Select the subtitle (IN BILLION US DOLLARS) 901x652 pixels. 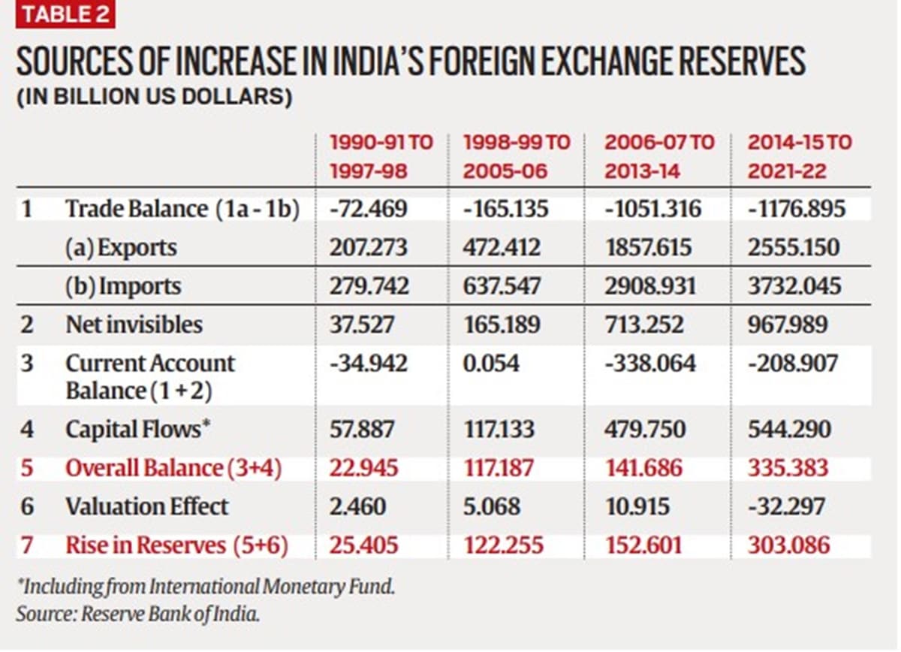pyautogui.click(x=154, y=98)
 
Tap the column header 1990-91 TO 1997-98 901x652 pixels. pyautogui.click(x=381, y=156)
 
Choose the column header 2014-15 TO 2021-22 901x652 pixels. pyautogui.click(x=799, y=156)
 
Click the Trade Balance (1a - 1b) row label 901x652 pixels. pyautogui.click(x=182, y=209)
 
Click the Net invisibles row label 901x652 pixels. pyautogui.click(x=134, y=324)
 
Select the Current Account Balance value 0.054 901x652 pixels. pyautogui.click(x=491, y=364)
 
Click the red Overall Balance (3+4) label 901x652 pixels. pyautogui.click(x=173, y=467)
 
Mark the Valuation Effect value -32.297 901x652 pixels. pyautogui.click(x=785, y=506)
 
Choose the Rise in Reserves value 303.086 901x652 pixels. pyautogui.click(x=788, y=545)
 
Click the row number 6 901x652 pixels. pyautogui.click(x=27, y=506)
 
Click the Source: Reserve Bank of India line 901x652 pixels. pyautogui.click(x=138, y=614)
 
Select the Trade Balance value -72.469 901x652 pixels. pyautogui.click(x=368, y=209)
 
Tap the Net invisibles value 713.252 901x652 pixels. pyautogui.click(x=643, y=324)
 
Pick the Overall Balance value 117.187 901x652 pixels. pyautogui.click(x=498, y=467)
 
